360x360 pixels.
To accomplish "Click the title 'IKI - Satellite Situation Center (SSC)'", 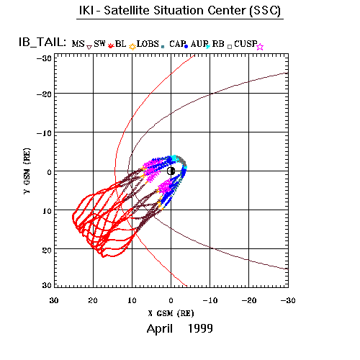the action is pyautogui.click(x=180, y=11).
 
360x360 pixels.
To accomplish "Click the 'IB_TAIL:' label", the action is pyautogui.click(x=42, y=42).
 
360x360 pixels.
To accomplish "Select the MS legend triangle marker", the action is pyautogui.click(x=89, y=48).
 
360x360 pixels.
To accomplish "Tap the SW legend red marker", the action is pyautogui.click(x=110, y=45).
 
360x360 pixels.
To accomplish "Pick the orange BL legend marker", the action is pyautogui.click(x=132, y=47).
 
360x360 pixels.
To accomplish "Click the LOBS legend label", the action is pyautogui.click(x=148, y=44).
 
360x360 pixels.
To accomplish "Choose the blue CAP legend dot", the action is pyautogui.click(x=186, y=47).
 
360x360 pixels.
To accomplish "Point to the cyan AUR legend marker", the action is pyautogui.click(x=208, y=47).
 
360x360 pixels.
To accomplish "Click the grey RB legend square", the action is pyautogui.click(x=230, y=47).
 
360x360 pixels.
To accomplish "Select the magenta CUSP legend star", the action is pyautogui.click(x=260, y=47).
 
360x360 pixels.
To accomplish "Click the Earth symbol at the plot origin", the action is pyautogui.click(x=171, y=171).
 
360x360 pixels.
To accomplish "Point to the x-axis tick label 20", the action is pyautogui.click(x=93, y=300).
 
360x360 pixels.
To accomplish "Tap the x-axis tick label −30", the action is pyautogui.click(x=288, y=300).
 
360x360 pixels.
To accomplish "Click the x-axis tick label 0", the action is pyautogui.click(x=171, y=300).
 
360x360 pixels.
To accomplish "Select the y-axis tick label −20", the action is pyautogui.click(x=44, y=94).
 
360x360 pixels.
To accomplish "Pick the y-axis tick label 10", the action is pyautogui.click(x=47, y=211).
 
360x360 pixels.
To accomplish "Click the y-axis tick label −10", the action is pyautogui.click(x=44, y=133).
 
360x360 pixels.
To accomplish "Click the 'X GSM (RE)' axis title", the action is pyautogui.click(x=171, y=313).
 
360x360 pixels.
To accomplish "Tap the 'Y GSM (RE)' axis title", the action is pyautogui.click(x=27, y=171).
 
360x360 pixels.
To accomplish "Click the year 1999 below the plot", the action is pyautogui.click(x=200, y=328).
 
